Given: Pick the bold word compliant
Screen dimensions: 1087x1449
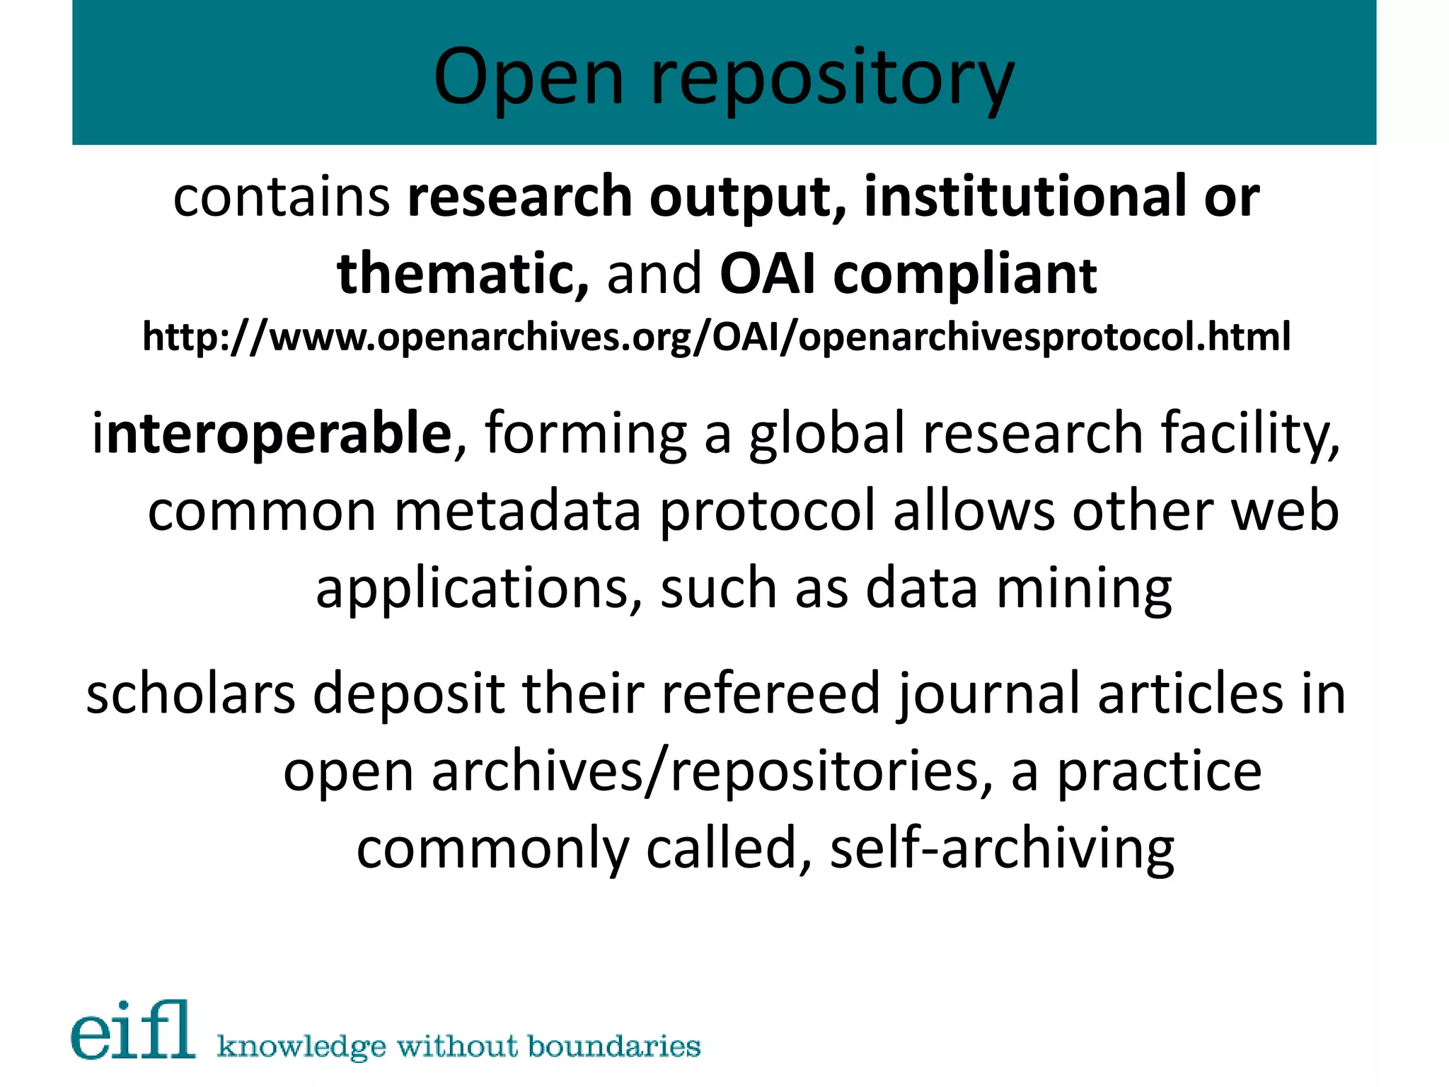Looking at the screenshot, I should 965,275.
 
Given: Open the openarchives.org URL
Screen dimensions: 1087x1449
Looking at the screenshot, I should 716,336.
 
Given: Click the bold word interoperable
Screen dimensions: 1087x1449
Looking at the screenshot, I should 272,433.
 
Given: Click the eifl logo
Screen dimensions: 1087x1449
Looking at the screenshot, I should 133,1030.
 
